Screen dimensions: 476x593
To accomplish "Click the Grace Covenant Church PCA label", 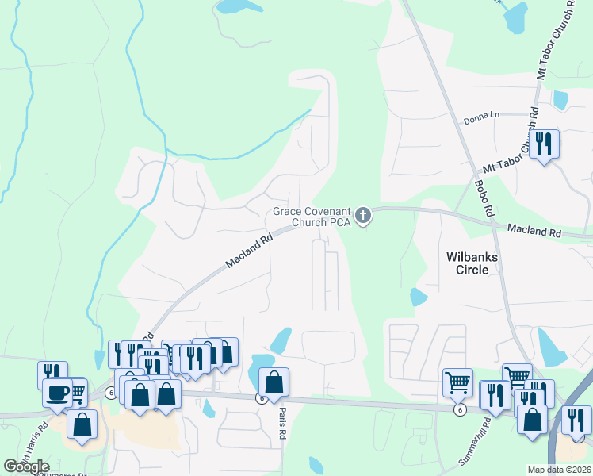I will point(312,217).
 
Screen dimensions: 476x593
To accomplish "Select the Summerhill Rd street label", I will point(476,447).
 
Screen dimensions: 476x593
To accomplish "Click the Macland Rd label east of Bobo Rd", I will point(534,232).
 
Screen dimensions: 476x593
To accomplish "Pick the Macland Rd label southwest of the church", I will point(249,249).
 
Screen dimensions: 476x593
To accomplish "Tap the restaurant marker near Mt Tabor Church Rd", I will point(544,144).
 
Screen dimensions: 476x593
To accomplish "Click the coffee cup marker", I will point(56,392).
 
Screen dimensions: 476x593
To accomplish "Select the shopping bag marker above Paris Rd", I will point(274,382).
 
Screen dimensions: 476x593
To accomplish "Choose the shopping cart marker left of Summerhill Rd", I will point(457,382).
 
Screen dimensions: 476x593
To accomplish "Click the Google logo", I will point(26,466).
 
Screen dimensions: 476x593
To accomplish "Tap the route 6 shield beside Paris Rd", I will point(261,398).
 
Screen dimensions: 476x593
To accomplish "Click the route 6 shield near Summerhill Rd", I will point(459,409).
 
